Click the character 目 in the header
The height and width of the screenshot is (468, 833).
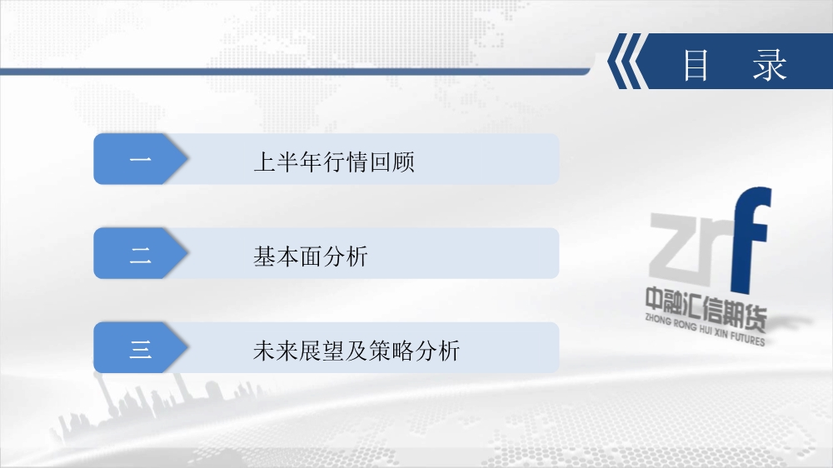click(x=696, y=65)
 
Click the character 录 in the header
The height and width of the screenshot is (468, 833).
click(x=769, y=65)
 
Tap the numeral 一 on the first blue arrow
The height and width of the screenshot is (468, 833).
click(x=140, y=159)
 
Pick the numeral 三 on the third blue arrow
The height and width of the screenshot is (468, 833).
click(x=140, y=350)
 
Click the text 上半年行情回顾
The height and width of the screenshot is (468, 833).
click(x=334, y=162)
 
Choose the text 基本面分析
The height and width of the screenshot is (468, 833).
click(x=311, y=256)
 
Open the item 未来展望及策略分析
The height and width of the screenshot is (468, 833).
click(x=357, y=351)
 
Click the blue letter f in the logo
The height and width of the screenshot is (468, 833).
click(x=751, y=240)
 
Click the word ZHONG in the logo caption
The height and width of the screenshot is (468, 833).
click(x=658, y=319)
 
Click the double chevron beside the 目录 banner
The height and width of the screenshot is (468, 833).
click(x=627, y=61)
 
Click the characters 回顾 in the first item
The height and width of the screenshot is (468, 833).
click(x=392, y=162)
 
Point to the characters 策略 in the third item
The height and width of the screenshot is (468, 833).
click(x=391, y=351)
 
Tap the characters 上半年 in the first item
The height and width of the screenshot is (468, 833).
click(x=288, y=162)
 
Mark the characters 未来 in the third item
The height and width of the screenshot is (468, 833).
click(x=276, y=351)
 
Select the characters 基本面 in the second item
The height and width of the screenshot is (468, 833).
click(x=287, y=256)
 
